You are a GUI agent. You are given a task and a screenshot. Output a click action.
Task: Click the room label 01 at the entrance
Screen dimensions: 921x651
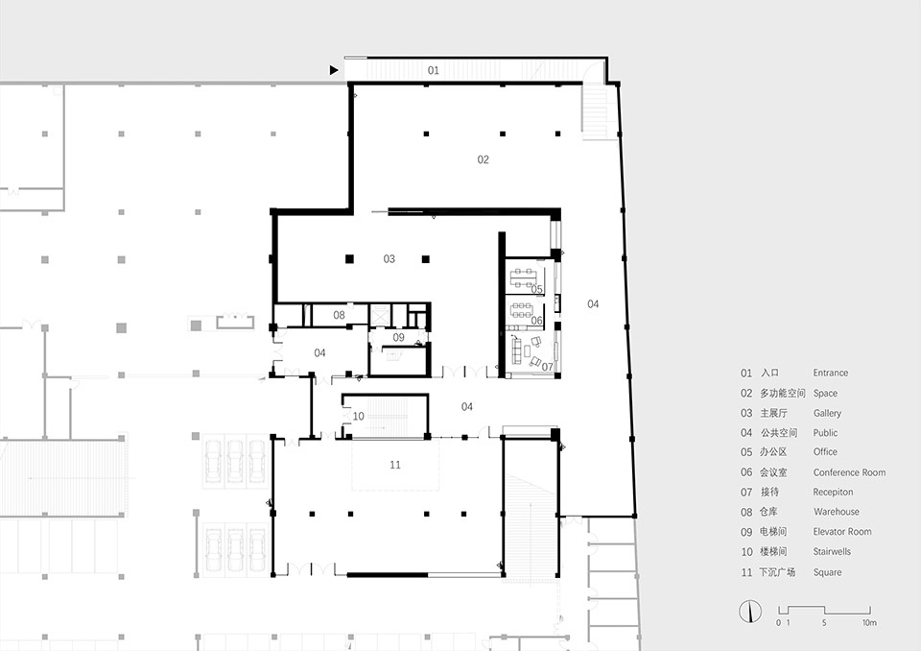(x=434, y=70)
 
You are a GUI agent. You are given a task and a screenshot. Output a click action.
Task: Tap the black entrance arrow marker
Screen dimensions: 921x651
(x=334, y=70)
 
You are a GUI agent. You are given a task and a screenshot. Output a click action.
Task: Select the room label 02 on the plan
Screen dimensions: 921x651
(x=483, y=159)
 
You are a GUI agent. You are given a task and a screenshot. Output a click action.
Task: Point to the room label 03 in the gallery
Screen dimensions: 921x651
(x=389, y=258)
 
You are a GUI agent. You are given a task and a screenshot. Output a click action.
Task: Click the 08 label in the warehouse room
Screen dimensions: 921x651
(x=339, y=315)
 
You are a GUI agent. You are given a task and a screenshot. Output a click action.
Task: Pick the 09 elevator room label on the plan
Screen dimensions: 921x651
(x=398, y=338)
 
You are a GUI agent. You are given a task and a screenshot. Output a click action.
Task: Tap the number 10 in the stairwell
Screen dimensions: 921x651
(x=358, y=417)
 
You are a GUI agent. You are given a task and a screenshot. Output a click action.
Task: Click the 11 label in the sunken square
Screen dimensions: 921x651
(x=395, y=465)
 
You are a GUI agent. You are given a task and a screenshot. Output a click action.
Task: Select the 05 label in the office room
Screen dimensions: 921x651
(x=537, y=289)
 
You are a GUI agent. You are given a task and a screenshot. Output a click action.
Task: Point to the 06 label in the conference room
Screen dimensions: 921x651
(x=537, y=321)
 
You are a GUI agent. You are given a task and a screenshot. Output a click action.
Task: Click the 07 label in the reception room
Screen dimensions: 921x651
(x=548, y=367)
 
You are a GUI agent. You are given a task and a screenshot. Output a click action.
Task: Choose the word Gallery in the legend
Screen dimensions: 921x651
(x=827, y=414)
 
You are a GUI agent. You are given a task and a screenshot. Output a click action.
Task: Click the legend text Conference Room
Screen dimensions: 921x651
(x=849, y=472)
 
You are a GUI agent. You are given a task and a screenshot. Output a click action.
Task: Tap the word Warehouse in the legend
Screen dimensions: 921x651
(x=837, y=512)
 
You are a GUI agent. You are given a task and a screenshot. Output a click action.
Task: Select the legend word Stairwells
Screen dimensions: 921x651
(x=832, y=551)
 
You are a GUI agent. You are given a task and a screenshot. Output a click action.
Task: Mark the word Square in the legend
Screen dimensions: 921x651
(x=827, y=572)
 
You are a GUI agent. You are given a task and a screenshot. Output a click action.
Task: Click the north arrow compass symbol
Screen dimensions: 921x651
(x=750, y=612)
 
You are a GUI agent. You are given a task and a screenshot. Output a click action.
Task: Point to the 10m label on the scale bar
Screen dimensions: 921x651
(x=869, y=623)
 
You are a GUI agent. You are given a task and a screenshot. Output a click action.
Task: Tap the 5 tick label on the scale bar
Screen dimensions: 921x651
(x=824, y=623)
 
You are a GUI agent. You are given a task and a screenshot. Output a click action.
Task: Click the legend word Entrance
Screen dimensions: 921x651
(x=831, y=373)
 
